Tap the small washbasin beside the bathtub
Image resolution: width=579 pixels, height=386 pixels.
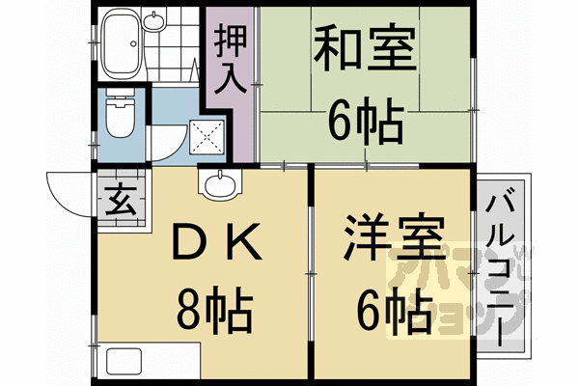(x=154, y=20)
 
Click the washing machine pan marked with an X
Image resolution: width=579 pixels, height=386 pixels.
(x=207, y=137)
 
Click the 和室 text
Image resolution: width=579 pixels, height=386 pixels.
(x=363, y=47)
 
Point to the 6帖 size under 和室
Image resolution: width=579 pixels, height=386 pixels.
(x=364, y=121)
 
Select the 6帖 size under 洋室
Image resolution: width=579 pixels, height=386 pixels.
(x=393, y=310)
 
